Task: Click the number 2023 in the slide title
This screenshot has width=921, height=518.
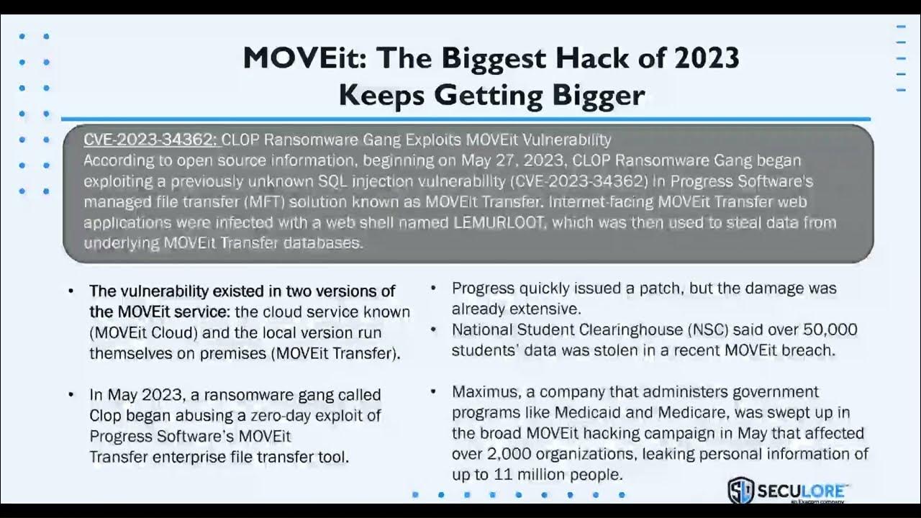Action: point(702,58)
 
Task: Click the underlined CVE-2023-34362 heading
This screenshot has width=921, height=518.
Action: point(150,140)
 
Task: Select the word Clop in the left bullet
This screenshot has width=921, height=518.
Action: point(105,416)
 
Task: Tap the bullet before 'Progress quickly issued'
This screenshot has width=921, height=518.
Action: point(434,288)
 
